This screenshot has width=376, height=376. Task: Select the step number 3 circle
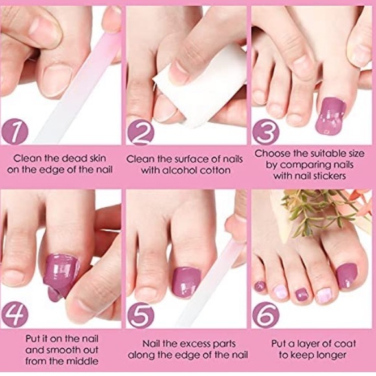click(x=266, y=132)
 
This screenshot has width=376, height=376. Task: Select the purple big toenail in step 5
click(x=186, y=281)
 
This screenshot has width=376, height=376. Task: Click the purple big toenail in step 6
click(x=347, y=276)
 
